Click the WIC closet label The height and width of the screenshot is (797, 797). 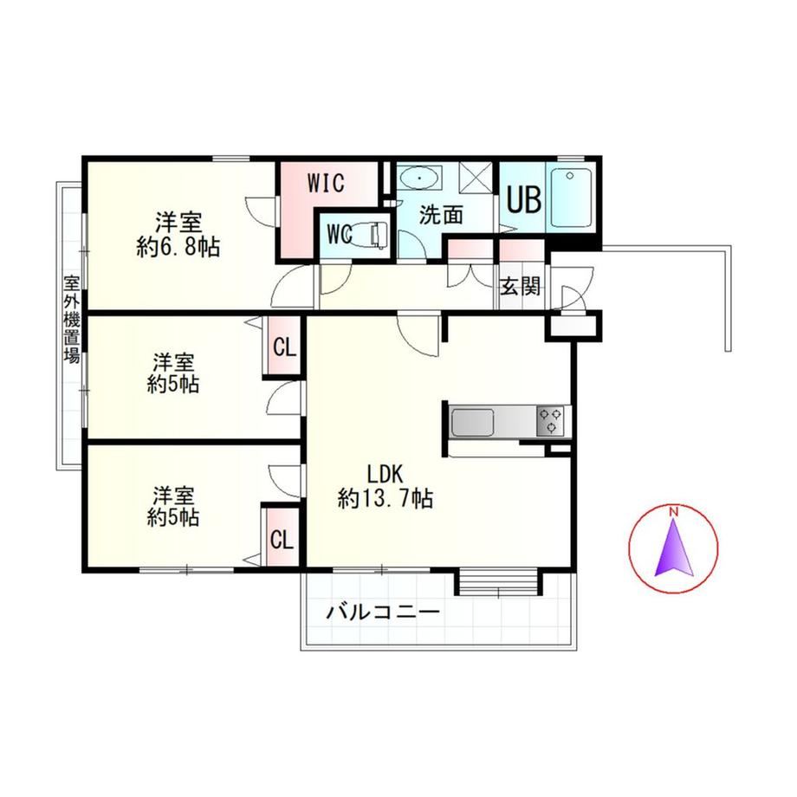[326, 183]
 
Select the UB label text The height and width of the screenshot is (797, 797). [523, 199]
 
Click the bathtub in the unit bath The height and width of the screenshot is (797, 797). [571, 198]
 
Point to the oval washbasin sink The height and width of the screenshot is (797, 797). [420, 179]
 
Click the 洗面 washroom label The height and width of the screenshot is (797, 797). [441, 216]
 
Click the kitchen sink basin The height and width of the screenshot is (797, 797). [473, 423]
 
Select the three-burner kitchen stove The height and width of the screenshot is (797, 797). [550, 421]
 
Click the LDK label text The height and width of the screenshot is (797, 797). [385, 474]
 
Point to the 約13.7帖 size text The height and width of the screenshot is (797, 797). [386, 498]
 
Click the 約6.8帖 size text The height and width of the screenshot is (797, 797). [178, 248]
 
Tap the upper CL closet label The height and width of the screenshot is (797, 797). [284, 347]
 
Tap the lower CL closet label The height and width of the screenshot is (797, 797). [282, 540]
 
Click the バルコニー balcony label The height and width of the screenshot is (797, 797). [383, 612]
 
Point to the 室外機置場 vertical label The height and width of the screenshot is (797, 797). [72, 319]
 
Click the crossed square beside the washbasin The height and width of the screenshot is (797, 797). [476, 178]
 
